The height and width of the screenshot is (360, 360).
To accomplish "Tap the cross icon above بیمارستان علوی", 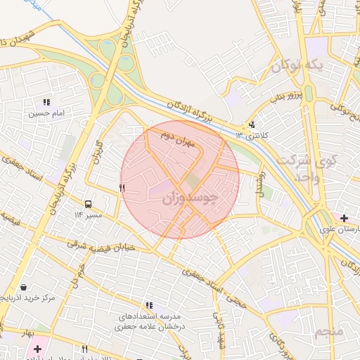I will pyautogui.click(x=343, y=218).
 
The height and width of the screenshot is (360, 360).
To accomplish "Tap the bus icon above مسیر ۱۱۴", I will pyautogui.click(x=89, y=204).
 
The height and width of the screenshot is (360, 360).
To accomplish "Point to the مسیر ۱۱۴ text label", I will pyautogui.click(x=89, y=214).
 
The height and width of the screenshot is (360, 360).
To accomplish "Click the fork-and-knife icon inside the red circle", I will pyautogui.click(x=122, y=188).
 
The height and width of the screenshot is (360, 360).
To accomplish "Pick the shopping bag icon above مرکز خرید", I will pyautogui.click(x=25, y=288).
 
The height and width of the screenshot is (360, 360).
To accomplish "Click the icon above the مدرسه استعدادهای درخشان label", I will pyautogui.click(x=149, y=305).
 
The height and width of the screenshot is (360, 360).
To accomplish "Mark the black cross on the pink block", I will pyautogui.click(x=37, y=349).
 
